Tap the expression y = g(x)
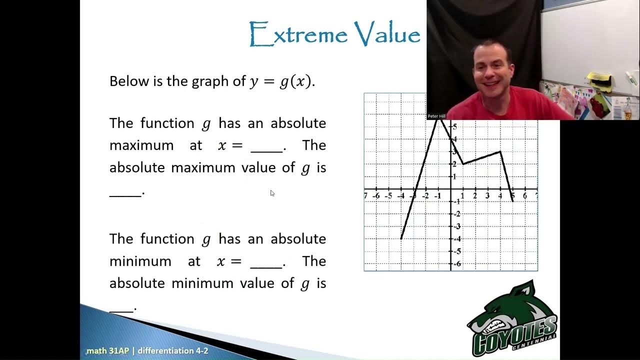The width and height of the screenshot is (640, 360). (281, 81)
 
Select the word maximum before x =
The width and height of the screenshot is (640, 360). (141, 145)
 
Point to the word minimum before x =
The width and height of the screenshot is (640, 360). (140, 261)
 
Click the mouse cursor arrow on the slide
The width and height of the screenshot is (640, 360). (272, 193)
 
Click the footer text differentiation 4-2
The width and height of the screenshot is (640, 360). (173, 351)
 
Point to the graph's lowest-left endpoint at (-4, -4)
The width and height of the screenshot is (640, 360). (401, 238)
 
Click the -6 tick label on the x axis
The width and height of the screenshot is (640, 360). (376, 196)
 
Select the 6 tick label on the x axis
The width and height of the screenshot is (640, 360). (524, 196)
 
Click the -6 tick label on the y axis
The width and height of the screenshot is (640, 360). (456, 263)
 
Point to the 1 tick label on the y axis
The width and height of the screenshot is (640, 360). (454, 176)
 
